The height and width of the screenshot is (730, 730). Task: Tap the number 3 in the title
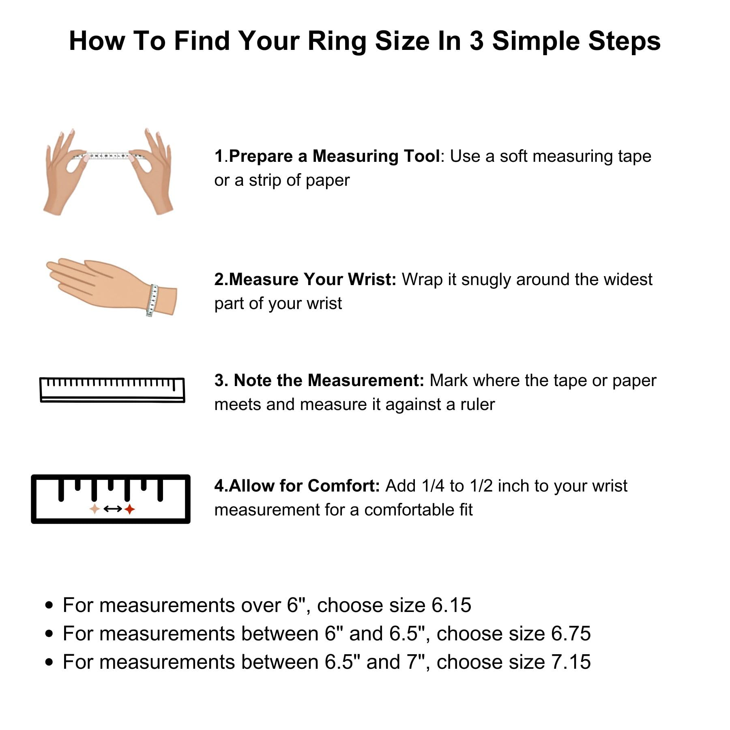point(476,41)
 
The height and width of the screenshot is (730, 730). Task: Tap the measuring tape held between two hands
point(108,156)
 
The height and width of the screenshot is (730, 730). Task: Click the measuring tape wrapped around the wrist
point(152,300)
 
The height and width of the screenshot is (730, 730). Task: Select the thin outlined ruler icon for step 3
point(112,389)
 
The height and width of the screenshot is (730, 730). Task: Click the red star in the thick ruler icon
point(129,509)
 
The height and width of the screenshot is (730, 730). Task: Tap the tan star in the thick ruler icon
point(94,509)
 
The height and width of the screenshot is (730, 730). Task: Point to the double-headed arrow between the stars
point(112,509)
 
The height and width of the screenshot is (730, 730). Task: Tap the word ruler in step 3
point(478,405)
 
